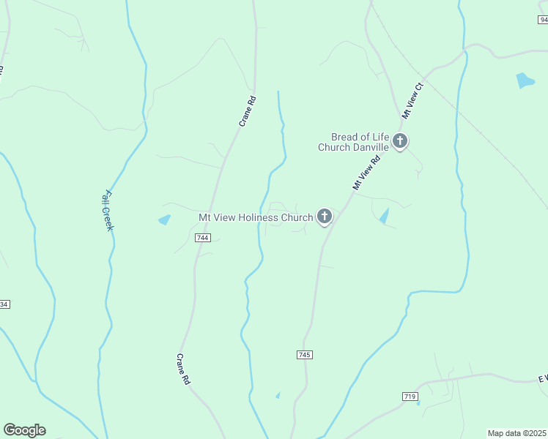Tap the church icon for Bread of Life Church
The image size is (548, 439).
pyautogui.click(x=400, y=140)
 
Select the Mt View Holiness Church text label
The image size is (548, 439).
pyautogui.click(x=256, y=217)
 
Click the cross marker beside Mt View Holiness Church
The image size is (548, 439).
pyautogui.click(x=325, y=217)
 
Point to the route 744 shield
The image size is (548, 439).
pyautogui.click(x=203, y=238)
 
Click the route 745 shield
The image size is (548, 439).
pyautogui.click(x=305, y=354)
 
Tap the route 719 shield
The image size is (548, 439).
pyautogui.click(x=410, y=396)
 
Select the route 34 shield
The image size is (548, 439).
pyautogui.click(x=4, y=304)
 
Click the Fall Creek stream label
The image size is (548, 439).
pyautogui.click(x=108, y=211)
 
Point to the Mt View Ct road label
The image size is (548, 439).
pyautogui.click(x=413, y=101)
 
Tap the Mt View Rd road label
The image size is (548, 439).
pyautogui.click(x=367, y=173)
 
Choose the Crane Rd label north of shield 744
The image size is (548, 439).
pyautogui.click(x=248, y=111)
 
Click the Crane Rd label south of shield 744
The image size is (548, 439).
pyautogui.click(x=183, y=369)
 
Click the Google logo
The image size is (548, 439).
pyautogui.click(x=24, y=430)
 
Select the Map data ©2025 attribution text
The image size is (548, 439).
pyautogui.click(x=516, y=433)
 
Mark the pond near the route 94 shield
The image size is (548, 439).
pyautogui.click(x=525, y=80)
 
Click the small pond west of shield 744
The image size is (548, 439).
pyautogui.click(x=164, y=219)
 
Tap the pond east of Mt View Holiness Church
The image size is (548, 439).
pyautogui.click(x=384, y=215)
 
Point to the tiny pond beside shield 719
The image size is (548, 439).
pyautogui.click(x=418, y=403)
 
